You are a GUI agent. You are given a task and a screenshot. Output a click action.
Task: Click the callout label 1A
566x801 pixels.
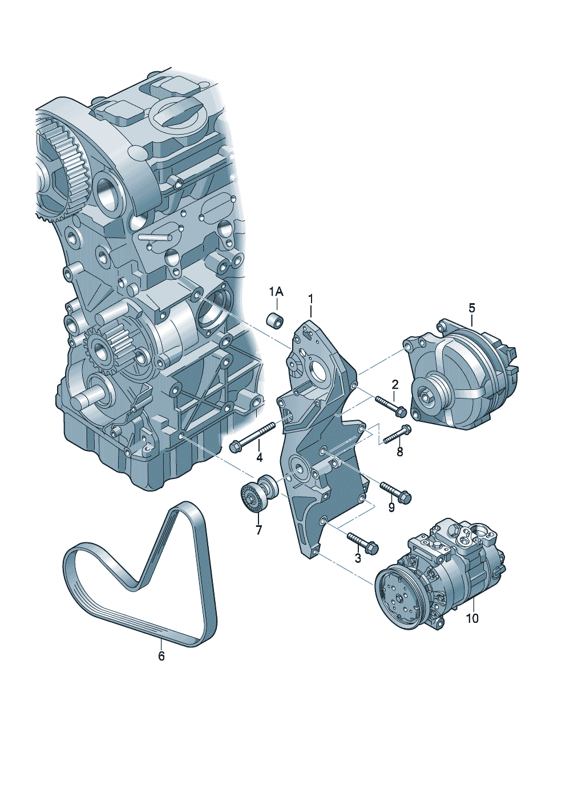click(276, 292)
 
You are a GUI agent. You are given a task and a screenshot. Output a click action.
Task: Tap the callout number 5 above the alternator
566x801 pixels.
click(472, 307)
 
